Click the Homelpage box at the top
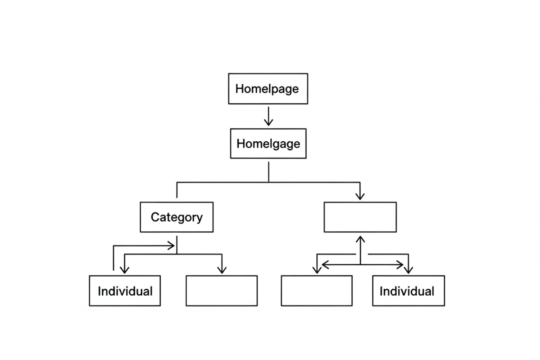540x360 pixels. click(x=268, y=89)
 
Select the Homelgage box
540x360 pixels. click(x=268, y=143)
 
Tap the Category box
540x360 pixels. click(x=176, y=217)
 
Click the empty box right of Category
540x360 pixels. click(x=360, y=217)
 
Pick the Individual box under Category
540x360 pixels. click(x=125, y=291)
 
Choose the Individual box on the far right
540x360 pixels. click(x=408, y=291)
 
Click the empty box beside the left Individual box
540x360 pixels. click(x=221, y=291)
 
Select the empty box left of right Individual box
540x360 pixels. click(x=316, y=291)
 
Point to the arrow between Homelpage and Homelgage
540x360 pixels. click(x=269, y=116)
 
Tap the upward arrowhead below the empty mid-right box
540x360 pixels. click(x=360, y=239)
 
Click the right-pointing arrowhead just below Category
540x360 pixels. click(x=172, y=246)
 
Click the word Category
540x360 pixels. click(x=176, y=217)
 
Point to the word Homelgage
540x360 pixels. click(x=268, y=143)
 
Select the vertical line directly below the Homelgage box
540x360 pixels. click(x=269, y=172)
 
